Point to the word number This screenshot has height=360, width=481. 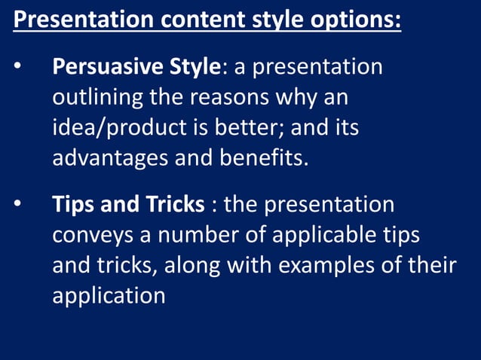(x=201, y=236)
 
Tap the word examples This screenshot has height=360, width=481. (x=338, y=266)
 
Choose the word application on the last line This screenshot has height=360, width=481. (x=109, y=296)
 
